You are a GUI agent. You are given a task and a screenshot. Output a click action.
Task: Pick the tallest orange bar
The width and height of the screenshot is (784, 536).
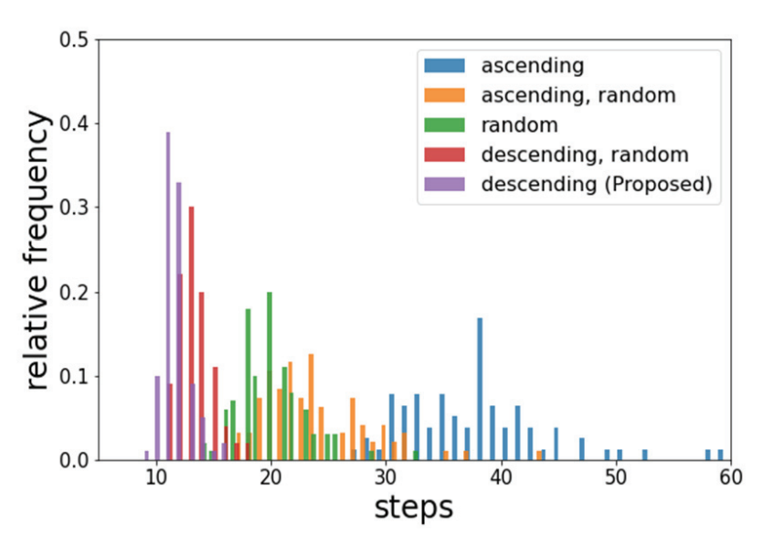coord(311,407)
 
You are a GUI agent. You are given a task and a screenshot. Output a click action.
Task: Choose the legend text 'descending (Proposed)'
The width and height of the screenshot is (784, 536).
coord(595,183)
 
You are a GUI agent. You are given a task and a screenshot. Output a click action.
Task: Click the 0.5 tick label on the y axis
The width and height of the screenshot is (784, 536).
coord(75,40)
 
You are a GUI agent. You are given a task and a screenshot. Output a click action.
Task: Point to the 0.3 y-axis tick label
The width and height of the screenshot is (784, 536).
coord(75,209)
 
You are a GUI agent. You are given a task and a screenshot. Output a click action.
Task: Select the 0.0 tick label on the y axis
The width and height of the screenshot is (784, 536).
coord(75,461)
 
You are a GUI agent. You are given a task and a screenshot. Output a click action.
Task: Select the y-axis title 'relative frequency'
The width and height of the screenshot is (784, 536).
coord(37,250)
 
